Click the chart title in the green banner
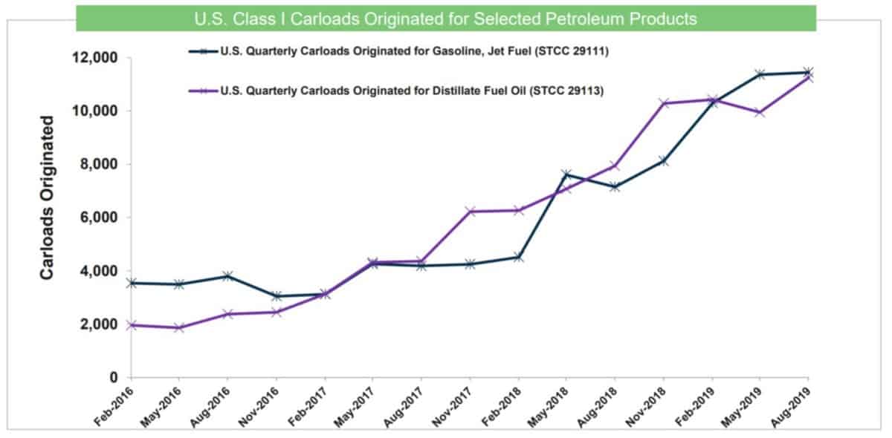(x=446, y=19)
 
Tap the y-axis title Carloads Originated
(x=47, y=197)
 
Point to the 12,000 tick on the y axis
(x=97, y=58)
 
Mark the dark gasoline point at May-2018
(x=567, y=174)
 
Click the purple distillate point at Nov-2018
(x=664, y=103)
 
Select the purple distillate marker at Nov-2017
(x=471, y=212)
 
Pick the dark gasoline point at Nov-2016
(x=277, y=296)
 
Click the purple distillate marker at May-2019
(x=760, y=112)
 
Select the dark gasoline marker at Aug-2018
(x=615, y=187)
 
